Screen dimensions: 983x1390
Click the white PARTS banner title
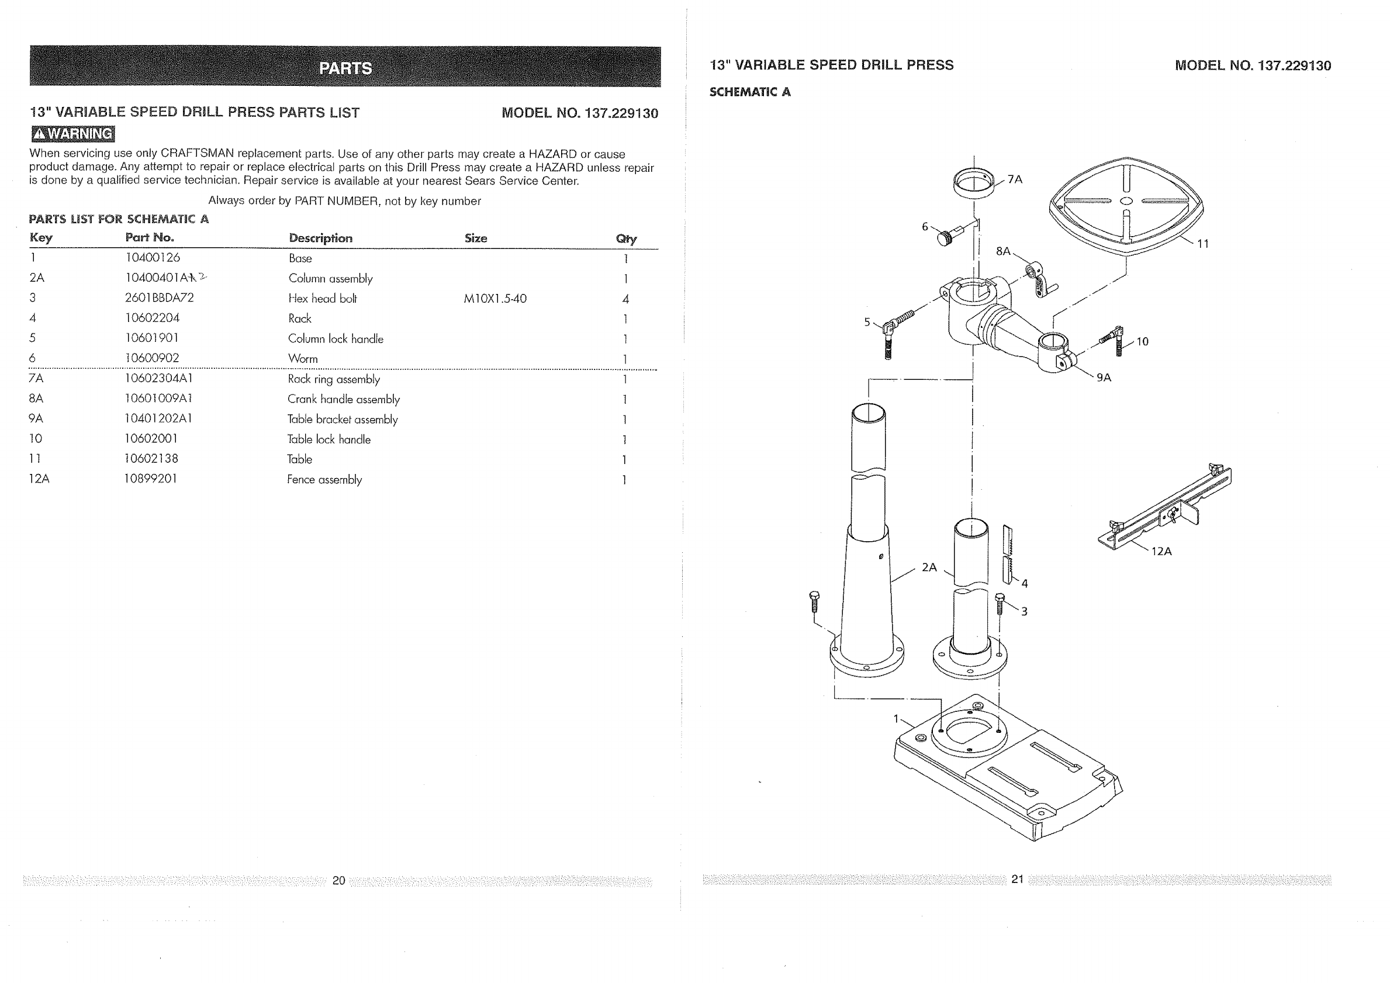(345, 68)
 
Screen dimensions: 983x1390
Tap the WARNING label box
(72, 134)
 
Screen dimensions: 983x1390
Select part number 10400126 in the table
(153, 258)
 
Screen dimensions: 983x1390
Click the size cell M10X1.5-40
(495, 299)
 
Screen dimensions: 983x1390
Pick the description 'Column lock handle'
(336, 339)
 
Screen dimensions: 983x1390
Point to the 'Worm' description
(303, 359)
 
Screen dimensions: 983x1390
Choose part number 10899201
(151, 479)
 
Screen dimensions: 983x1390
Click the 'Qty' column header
(626, 238)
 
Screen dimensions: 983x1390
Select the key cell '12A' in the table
(39, 479)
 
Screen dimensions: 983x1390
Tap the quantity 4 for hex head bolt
(625, 299)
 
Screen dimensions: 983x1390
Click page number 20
(338, 880)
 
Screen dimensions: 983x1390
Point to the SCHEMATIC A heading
(749, 92)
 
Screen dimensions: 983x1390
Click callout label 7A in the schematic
(1015, 179)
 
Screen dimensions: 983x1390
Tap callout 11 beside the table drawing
(1202, 244)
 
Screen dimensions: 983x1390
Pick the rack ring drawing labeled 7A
(973, 183)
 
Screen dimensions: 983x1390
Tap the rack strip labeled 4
(1007, 554)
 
